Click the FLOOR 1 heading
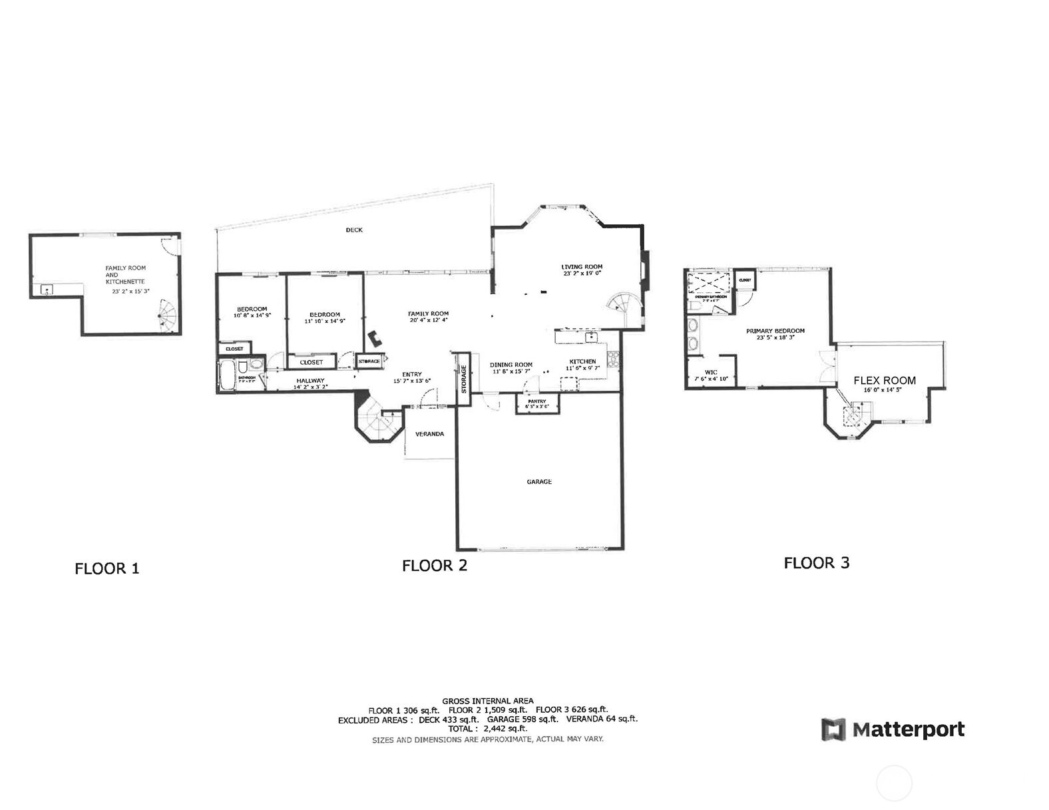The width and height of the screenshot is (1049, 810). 106,569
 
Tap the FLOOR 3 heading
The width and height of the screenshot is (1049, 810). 817,563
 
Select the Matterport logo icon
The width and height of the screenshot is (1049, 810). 833,729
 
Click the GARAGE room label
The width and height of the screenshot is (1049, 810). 539,482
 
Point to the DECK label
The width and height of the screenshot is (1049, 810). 354,230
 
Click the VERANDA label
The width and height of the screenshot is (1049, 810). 429,434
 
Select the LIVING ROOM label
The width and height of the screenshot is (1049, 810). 582,267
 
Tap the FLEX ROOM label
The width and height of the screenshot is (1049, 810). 885,381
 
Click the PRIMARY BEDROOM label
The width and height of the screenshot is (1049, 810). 775,331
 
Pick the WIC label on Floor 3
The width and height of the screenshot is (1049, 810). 711,373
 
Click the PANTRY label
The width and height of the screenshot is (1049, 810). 536,401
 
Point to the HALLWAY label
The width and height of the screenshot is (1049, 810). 310,381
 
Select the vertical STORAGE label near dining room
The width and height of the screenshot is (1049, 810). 464,378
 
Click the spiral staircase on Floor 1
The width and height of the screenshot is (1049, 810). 169,315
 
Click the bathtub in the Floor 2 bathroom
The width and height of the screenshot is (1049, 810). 226,377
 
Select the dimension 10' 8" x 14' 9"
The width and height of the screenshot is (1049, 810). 252,315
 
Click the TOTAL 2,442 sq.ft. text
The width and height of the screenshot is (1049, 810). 487,729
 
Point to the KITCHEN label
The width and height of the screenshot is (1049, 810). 582,361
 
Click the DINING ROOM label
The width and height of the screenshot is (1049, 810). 511,365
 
